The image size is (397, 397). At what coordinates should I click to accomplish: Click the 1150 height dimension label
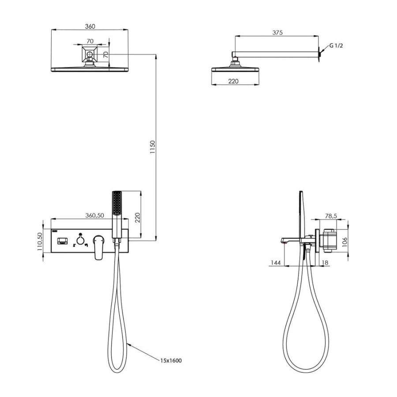152,147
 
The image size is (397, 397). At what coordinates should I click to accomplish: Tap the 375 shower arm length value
277,33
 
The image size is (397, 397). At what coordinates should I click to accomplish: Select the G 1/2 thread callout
336,46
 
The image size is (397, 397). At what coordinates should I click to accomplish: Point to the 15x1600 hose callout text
171,360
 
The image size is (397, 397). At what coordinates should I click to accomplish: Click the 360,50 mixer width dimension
95,215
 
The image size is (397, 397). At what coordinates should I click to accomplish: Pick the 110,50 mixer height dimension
40,242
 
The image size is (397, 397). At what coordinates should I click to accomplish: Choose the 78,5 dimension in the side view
331,216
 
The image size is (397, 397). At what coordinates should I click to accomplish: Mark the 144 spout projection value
276,263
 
